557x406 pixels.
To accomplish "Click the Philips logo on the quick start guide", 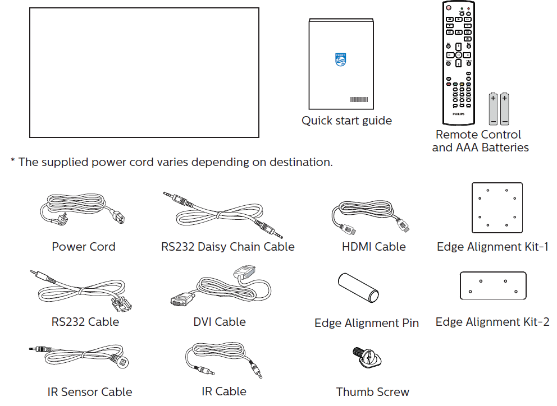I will coord(340,59).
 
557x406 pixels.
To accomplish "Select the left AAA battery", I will coord(493,108).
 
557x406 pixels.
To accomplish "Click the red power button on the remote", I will coord(448,8).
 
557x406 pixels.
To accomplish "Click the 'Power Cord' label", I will coord(83,247).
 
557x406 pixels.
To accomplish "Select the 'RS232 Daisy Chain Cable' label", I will coord(227,247).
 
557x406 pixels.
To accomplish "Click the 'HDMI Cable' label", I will coord(373,247).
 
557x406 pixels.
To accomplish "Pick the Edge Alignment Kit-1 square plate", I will coord(497,207).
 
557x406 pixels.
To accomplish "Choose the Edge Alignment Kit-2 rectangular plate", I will coord(492,285).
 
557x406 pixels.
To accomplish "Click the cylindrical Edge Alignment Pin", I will coord(358,288).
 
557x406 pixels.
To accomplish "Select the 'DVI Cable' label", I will coord(219,322).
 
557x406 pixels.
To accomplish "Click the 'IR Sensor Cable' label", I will coord(90,392).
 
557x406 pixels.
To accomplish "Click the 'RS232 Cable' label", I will coord(85,322).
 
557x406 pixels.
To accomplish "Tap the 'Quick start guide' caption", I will coord(346,121).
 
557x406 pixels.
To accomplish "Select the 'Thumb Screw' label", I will coord(372,392).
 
